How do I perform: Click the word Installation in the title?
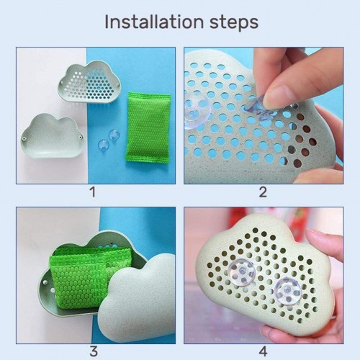click(154, 22)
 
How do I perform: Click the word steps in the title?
click(234, 24)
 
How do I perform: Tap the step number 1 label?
click(93, 192)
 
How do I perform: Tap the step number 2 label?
click(263, 192)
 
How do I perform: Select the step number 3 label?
click(94, 351)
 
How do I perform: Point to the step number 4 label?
click(264, 351)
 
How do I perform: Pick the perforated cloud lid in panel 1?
click(89, 81)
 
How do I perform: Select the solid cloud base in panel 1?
click(53, 136)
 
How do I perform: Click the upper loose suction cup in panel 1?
click(114, 135)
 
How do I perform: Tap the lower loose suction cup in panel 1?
click(104, 145)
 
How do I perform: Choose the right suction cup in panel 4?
click(288, 291)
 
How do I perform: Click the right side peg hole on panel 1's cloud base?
click(81, 138)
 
